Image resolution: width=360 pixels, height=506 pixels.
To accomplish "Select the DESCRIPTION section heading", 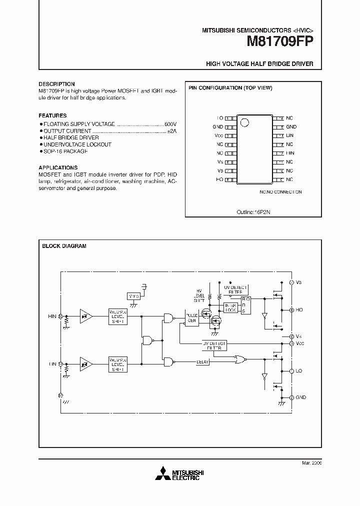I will tap(56, 84).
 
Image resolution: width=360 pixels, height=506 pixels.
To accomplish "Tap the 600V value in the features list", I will tap(170, 123).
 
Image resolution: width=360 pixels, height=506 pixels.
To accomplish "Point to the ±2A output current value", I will tap(171, 130).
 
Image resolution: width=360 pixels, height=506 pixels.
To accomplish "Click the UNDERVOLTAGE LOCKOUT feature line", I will tap(77, 144).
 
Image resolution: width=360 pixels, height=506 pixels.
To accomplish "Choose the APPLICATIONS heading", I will tap(58, 167).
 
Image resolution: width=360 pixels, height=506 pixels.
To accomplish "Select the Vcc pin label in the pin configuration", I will tap(218, 135).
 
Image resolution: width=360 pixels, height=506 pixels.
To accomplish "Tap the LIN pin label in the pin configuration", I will tap(290, 135).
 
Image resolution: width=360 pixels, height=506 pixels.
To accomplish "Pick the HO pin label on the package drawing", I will tap(219, 179).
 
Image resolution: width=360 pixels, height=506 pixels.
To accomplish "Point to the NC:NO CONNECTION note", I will tap(280, 192).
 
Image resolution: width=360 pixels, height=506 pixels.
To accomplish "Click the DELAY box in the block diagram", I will tap(202, 361).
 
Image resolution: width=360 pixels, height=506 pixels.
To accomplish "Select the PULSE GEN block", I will tap(191, 318).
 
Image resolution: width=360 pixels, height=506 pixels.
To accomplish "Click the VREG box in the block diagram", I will tap(134, 296).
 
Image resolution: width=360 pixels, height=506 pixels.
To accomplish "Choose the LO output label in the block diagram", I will tap(299, 371).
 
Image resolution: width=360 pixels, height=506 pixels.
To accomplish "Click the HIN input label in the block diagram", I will tap(52, 316).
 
